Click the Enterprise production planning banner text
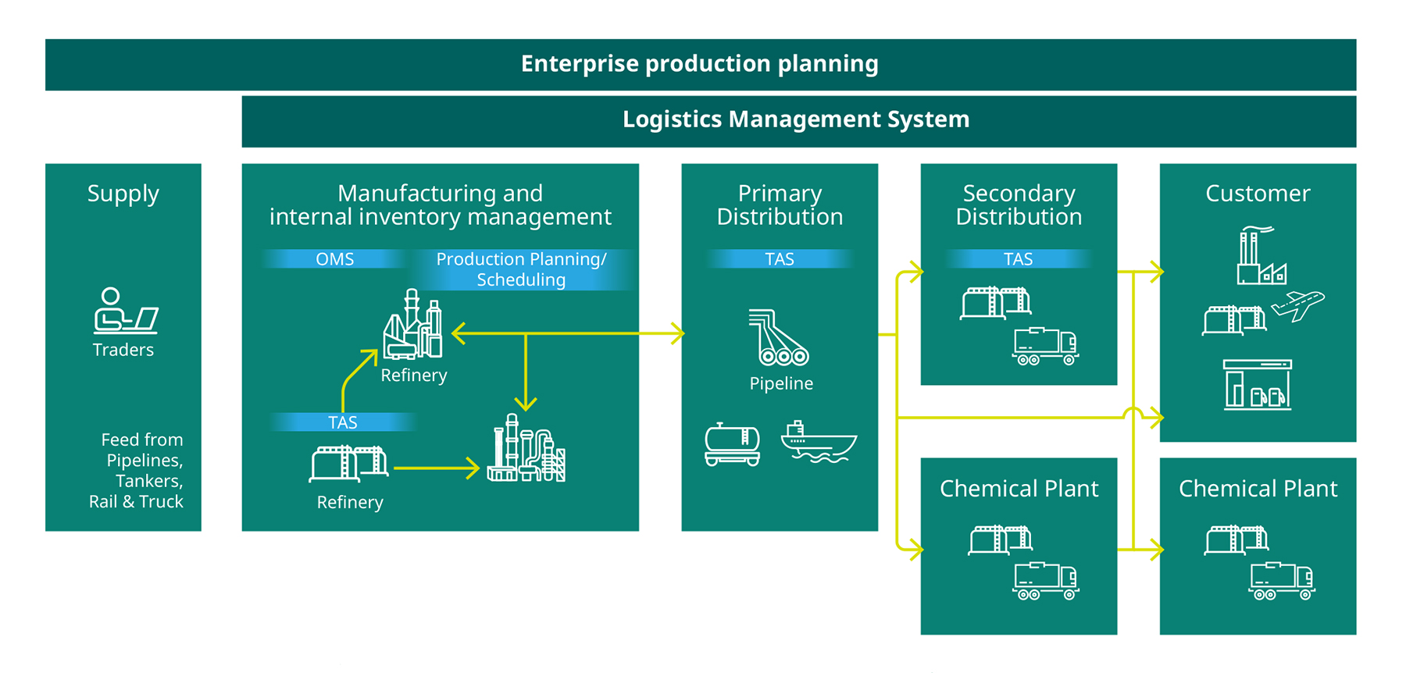point(699,64)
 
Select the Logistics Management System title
point(796,119)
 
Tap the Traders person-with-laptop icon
point(126,310)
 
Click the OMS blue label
point(334,259)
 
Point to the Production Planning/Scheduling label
point(521,269)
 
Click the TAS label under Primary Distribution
point(780,259)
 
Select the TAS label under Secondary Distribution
point(1018,259)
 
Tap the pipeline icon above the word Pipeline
point(779,337)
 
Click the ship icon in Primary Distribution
point(819,442)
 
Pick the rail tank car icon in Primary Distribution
point(732,444)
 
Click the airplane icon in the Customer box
point(1297,304)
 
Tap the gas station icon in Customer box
point(1258,384)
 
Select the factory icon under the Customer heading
point(1261,255)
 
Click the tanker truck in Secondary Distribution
point(1045,346)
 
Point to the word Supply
point(123,194)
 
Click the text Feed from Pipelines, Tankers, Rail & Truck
point(137,470)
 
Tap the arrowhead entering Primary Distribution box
point(676,333)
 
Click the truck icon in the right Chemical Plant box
point(1282,581)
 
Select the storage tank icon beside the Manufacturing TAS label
point(349,464)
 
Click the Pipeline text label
point(781,383)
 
